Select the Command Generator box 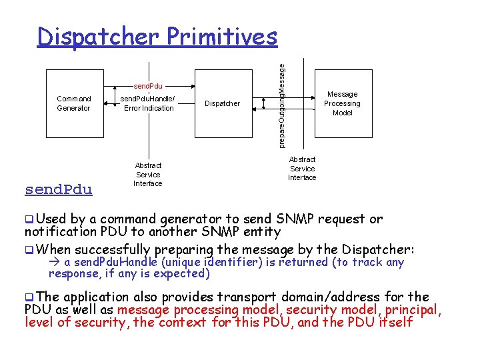[x=73, y=103]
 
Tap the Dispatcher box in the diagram [x=222, y=103]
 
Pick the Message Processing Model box [x=342, y=103]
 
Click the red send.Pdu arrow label [x=148, y=86]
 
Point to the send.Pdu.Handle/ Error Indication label [x=148, y=103]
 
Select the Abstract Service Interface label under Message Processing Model [x=302, y=169]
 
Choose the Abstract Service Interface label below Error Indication [x=148, y=174]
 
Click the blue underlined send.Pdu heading [x=58, y=189]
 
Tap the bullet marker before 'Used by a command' [x=29, y=219]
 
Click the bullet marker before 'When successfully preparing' [x=29, y=250]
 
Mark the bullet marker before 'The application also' [x=29, y=297]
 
